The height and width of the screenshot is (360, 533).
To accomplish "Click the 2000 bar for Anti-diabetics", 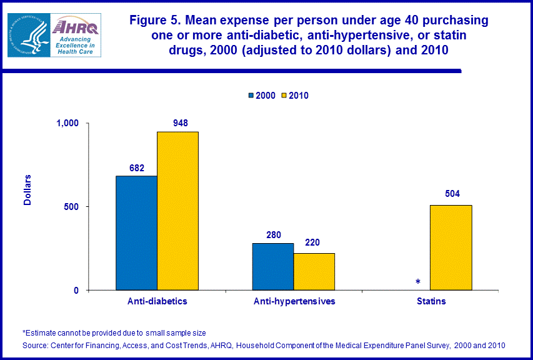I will tap(136, 233).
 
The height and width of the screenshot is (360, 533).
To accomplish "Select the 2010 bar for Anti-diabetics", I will tap(177, 211).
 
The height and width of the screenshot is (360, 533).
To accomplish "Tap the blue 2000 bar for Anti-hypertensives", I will tap(272, 267).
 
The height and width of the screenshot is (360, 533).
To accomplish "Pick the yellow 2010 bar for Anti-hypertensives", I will tap(314, 272).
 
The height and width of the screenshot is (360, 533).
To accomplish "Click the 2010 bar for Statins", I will tap(451, 247).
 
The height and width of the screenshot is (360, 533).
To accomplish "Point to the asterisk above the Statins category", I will tap(417, 282).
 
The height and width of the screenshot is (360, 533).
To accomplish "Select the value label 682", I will tap(137, 167).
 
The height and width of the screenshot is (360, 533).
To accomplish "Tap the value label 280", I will tap(272, 234).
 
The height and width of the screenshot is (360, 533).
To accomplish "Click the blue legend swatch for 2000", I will tap(251, 96).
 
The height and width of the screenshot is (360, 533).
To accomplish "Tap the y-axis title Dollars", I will tap(27, 190).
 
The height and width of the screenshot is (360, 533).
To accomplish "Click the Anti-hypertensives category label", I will tap(294, 301).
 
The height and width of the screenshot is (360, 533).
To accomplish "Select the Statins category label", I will tap(431, 301).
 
